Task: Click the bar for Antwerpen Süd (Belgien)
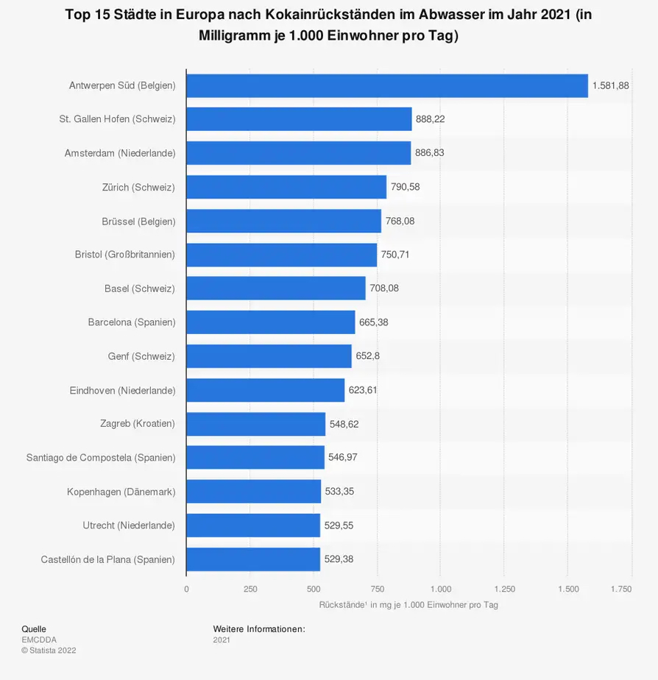click(x=387, y=85)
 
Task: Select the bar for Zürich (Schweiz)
click(x=286, y=187)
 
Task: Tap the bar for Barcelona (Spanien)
click(x=270, y=322)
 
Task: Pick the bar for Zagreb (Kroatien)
click(x=255, y=424)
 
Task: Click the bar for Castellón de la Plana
click(x=253, y=559)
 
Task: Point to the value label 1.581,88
click(x=610, y=85)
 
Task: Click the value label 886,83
click(x=430, y=153)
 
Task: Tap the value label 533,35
click(x=339, y=492)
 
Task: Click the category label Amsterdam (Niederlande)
click(x=120, y=153)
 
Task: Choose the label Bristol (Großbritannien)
click(x=125, y=255)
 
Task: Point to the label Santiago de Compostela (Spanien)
click(x=101, y=458)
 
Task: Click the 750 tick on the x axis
click(x=377, y=589)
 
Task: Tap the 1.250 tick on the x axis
click(x=503, y=589)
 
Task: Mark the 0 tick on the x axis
click(x=186, y=589)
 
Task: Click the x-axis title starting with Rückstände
click(x=408, y=605)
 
